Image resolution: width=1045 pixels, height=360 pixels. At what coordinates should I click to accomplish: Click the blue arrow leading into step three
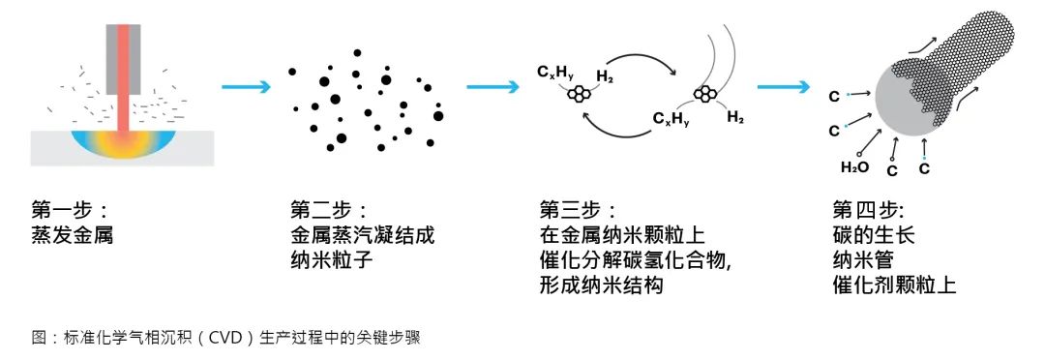tap(493, 87)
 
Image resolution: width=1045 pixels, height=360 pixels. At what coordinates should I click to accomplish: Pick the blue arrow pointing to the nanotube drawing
tap(783, 87)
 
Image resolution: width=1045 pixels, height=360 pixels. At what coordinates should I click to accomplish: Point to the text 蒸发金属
tap(73, 235)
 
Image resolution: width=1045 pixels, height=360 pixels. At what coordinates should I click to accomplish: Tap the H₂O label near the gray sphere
tap(854, 166)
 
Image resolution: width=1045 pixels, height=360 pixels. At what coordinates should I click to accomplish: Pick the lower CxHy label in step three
tap(670, 120)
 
